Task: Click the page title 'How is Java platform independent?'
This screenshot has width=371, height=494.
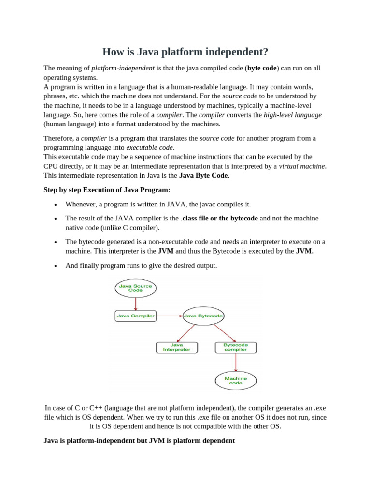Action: [185, 52]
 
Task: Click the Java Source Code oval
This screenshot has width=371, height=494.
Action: [135, 288]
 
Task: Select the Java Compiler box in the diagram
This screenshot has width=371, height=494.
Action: [136, 316]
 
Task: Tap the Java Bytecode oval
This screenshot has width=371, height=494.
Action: [203, 316]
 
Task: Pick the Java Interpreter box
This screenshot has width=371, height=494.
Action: [177, 347]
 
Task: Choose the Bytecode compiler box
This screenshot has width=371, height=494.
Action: [235, 347]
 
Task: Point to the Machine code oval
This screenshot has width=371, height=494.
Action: [235, 380]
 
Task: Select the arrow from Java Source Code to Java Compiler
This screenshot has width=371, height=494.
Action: [136, 303]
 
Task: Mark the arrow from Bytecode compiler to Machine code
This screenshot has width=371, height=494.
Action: [235, 362]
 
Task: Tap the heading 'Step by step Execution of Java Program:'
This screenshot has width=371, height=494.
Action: [107, 190]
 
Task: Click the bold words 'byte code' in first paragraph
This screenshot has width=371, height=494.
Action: [262, 69]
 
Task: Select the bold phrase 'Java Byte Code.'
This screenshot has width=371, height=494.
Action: [204, 176]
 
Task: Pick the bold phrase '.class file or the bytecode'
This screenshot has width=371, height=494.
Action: [219, 219]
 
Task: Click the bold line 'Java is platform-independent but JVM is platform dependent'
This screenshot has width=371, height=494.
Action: [139, 441]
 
